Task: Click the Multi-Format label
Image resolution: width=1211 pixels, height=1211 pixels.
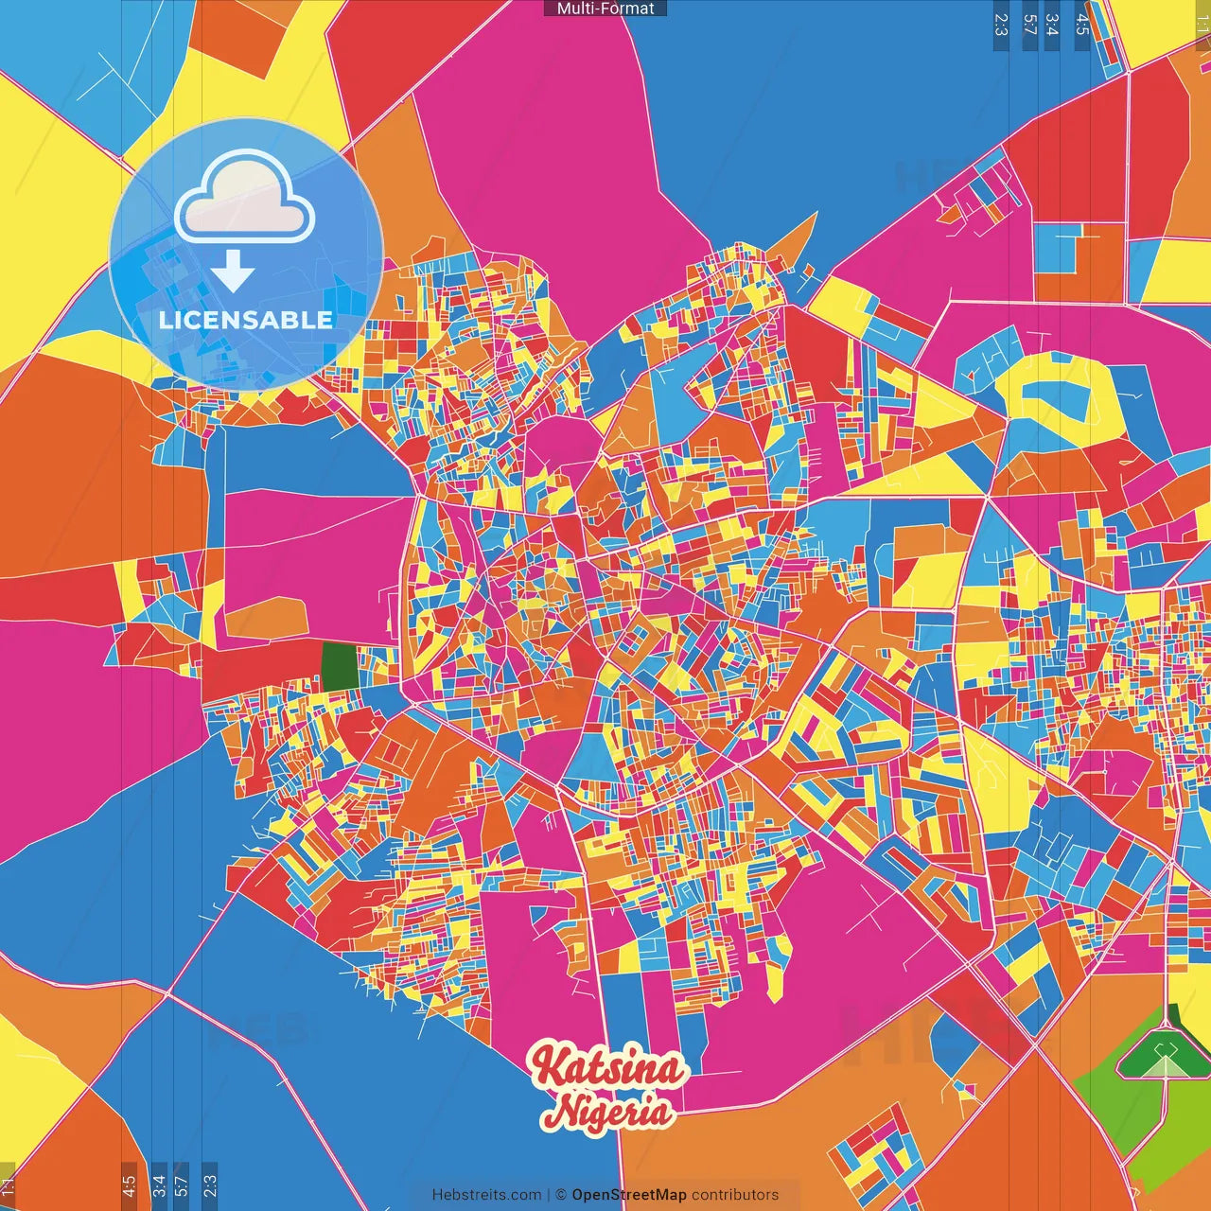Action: (x=605, y=9)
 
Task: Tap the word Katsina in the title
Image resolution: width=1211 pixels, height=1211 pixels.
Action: (x=607, y=1067)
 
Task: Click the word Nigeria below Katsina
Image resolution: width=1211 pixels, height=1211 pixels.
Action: (x=612, y=1111)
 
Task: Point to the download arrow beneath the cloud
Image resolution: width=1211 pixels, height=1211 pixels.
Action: (x=233, y=272)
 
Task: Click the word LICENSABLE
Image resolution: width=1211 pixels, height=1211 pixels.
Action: (x=246, y=320)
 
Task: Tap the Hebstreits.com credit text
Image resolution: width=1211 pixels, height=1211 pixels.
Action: (x=486, y=1195)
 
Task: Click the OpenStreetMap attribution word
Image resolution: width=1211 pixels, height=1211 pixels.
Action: (x=629, y=1195)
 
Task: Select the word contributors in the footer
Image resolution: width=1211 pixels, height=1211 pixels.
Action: (x=735, y=1195)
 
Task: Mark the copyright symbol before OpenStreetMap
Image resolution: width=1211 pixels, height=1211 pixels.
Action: (x=561, y=1195)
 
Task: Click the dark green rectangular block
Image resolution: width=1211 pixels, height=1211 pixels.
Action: (x=341, y=666)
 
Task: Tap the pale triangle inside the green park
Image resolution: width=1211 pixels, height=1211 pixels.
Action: (x=1166, y=1066)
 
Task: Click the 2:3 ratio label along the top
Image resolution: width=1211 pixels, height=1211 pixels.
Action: (x=1001, y=25)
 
